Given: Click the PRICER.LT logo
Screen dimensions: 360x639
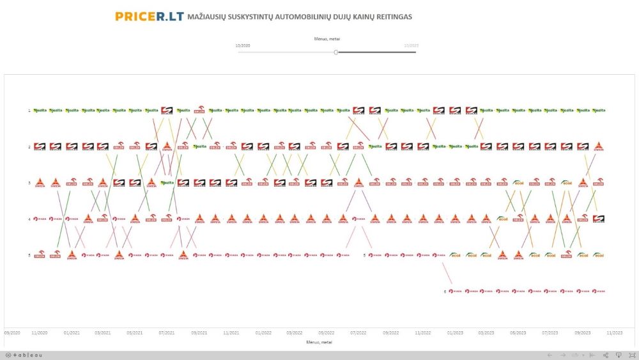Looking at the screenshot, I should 150,16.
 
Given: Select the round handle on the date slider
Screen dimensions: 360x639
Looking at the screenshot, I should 336,52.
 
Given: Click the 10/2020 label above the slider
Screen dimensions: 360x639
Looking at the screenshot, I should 243,45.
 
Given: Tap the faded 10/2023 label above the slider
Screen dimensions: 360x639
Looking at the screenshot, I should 411,45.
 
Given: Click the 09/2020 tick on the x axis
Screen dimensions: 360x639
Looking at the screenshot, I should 13,333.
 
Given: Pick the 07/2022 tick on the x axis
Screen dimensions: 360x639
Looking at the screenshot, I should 358,333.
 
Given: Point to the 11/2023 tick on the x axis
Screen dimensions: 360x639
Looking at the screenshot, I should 615,333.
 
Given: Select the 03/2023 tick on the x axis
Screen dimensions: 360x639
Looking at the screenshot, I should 486,333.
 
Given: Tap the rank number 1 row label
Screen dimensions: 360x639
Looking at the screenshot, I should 29,111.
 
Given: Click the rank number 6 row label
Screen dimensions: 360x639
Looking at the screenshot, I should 445,292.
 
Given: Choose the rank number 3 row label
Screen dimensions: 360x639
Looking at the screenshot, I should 29,183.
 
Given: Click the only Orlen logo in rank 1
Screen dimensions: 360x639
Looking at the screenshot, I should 199,110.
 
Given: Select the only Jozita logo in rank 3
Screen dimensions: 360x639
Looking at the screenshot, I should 167,183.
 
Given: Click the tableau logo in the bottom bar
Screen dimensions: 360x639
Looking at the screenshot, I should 24,355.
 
